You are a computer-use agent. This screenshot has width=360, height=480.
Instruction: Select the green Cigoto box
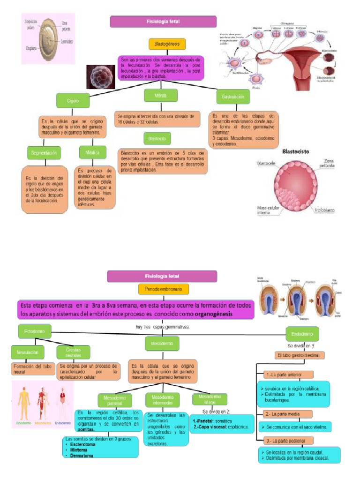click(73, 101)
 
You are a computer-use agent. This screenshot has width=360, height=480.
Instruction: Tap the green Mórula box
click(160, 96)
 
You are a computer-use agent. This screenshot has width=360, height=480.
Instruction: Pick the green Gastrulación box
click(232, 97)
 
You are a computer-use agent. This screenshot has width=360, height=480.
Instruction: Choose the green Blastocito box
click(157, 139)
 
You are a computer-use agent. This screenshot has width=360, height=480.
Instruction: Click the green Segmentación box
click(44, 153)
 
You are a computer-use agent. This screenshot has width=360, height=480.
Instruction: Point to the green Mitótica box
click(92, 153)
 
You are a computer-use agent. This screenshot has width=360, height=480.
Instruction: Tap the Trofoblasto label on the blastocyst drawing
click(324, 210)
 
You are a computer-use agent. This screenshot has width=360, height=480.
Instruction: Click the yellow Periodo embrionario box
click(163, 289)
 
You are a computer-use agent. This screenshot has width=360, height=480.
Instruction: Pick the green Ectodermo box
click(34, 332)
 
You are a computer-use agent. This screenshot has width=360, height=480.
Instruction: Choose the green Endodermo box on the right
click(302, 334)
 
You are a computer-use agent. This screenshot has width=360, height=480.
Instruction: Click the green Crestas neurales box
click(73, 352)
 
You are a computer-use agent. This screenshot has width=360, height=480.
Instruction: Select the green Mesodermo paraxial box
click(115, 400)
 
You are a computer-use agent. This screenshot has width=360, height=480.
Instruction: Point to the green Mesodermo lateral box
click(210, 399)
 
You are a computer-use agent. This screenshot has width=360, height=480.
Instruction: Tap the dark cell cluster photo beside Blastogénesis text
click(101, 77)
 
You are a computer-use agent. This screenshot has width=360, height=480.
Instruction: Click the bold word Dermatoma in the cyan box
click(79, 455)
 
